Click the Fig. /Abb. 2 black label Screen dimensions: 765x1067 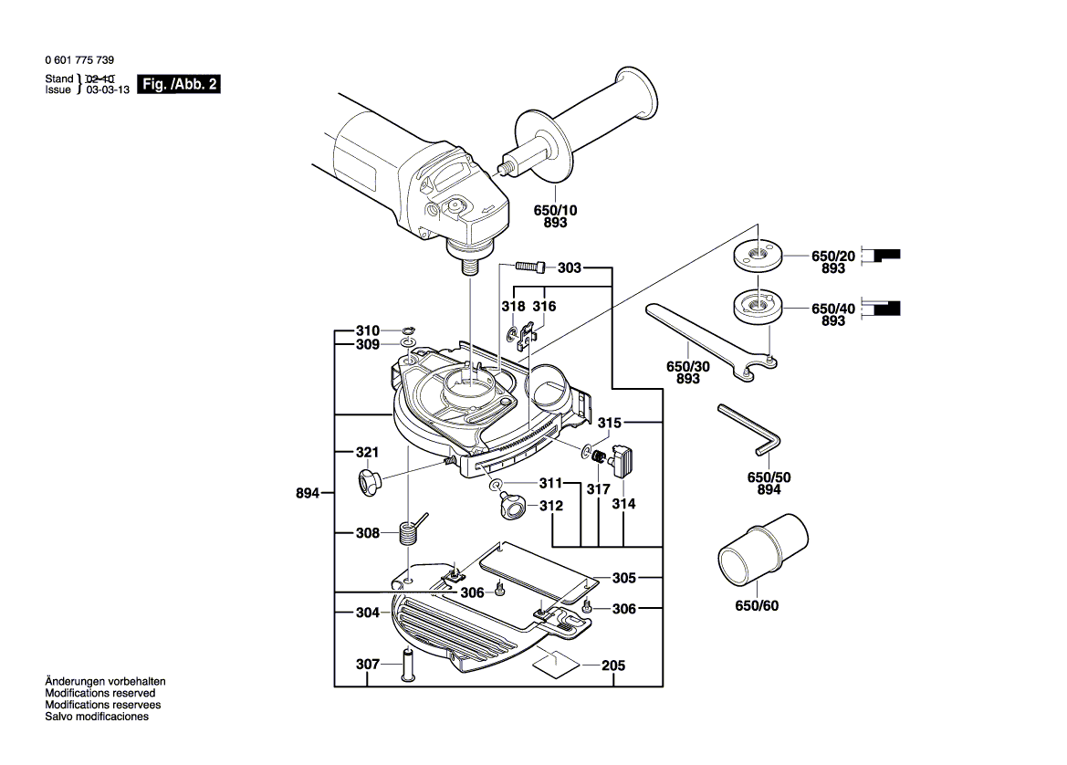[179, 85]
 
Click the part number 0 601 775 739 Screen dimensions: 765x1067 [79, 58]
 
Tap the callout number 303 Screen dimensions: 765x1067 [569, 267]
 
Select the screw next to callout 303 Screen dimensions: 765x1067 [532, 267]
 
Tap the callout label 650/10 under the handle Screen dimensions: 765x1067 [555, 210]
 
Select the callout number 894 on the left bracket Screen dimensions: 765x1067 [309, 493]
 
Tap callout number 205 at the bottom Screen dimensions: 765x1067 [613, 665]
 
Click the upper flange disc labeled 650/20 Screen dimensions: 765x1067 [755, 256]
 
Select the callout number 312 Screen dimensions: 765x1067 [550, 505]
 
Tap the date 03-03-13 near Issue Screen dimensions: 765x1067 [108, 90]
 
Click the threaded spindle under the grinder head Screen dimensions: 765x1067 [470, 267]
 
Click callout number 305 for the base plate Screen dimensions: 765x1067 [623, 578]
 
